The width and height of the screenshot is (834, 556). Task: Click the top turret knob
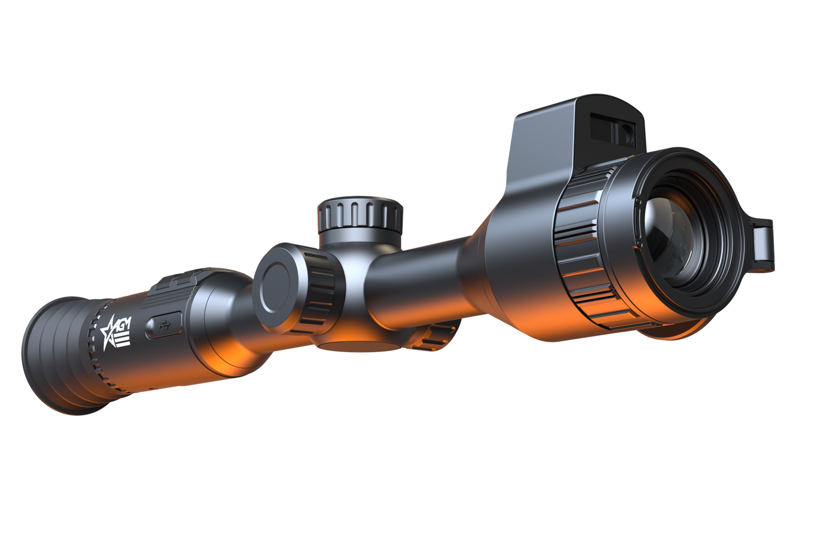tap(359, 214)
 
